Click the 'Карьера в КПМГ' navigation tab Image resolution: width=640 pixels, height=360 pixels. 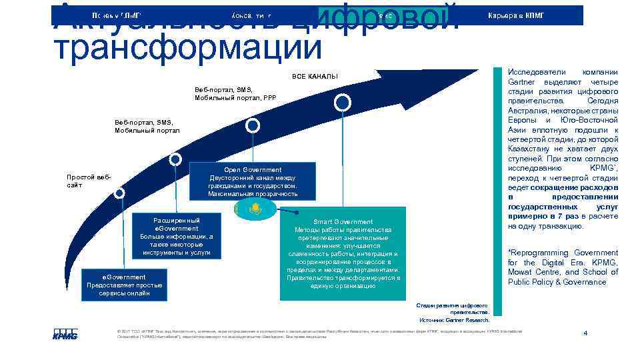click(x=517, y=15)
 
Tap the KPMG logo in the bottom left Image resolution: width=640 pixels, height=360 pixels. click(x=65, y=334)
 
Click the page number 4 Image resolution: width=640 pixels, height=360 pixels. click(x=585, y=333)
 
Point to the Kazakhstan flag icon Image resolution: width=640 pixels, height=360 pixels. click(x=253, y=209)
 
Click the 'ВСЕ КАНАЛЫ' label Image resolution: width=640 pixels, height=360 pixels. click(x=315, y=76)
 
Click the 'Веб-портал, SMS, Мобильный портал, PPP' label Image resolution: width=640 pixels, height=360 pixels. click(x=235, y=93)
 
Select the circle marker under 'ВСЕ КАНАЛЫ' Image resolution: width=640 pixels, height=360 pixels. click(x=342, y=102)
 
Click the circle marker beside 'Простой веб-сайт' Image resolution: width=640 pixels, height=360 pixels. click(x=119, y=193)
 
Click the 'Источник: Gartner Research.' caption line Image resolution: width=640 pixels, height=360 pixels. click(x=454, y=321)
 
